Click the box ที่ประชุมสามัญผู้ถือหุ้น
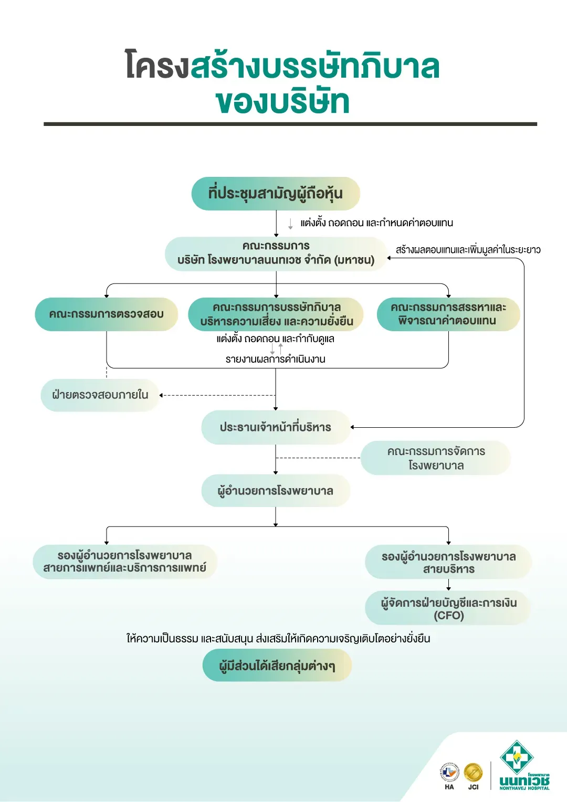point(276,193)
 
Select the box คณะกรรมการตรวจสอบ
point(107,314)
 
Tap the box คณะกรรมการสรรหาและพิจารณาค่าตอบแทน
point(448,314)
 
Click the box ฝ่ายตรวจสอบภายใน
point(100,395)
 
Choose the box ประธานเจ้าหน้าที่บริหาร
point(276,427)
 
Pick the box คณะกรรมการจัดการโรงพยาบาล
point(436,458)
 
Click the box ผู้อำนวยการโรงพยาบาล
point(276,491)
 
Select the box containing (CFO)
point(448,608)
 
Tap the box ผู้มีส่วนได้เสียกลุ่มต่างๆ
point(277,665)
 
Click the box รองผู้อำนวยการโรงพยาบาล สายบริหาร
point(448,562)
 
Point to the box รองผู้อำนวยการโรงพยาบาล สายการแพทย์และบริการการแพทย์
point(124,562)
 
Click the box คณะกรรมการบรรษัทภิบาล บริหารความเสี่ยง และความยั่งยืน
point(276,314)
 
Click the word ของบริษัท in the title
point(282,101)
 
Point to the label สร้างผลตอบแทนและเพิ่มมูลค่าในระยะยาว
point(468,249)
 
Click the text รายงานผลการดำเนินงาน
point(276,359)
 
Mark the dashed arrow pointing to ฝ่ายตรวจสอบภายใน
point(217,395)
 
